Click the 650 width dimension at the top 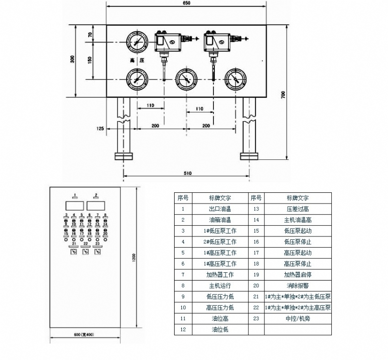pyautogui.click(x=187, y=3)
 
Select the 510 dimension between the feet pyautogui.click(x=188, y=173)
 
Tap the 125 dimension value pyautogui.click(x=100, y=128)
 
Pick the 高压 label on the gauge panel pyautogui.click(x=137, y=61)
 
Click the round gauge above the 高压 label pyautogui.click(x=137, y=43)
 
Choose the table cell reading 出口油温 pyautogui.click(x=220, y=209)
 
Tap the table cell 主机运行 pyautogui.click(x=220, y=285)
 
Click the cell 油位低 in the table pyautogui.click(x=220, y=329)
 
